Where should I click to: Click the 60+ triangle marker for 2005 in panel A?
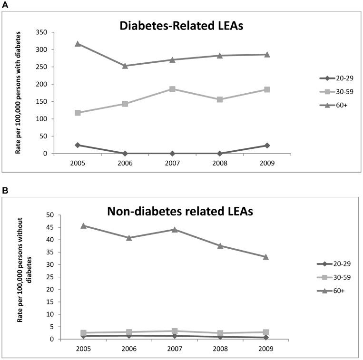click(78, 44)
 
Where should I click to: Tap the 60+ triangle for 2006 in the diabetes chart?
click(125, 66)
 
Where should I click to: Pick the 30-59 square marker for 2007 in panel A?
click(172, 89)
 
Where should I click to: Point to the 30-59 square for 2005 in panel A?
click(78, 113)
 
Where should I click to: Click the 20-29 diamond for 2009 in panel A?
click(267, 145)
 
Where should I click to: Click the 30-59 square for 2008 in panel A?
click(220, 99)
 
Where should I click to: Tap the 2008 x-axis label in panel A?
click(220, 162)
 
